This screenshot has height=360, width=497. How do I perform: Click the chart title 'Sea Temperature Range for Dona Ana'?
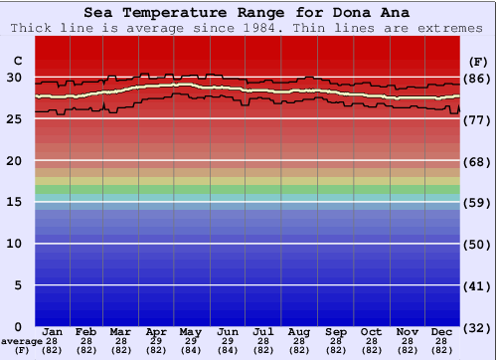[247, 13]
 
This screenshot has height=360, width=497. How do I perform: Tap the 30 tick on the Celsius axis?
[14, 77]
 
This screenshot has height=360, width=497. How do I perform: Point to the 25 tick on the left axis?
[14, 118]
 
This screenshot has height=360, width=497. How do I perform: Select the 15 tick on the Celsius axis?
[14, 202]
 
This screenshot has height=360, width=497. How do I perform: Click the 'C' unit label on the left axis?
[15, 58]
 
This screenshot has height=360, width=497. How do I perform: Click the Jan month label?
[53, 331]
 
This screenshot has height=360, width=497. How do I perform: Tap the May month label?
[190, 331]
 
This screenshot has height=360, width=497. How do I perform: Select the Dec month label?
[443, 331]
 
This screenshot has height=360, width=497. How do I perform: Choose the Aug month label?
[298, 331]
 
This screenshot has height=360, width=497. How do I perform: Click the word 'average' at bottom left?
[22, 341]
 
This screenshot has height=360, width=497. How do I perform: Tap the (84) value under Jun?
[227, 350]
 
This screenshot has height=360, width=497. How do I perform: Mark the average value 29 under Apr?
[156, 341]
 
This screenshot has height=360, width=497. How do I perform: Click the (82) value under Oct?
[371, 350]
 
